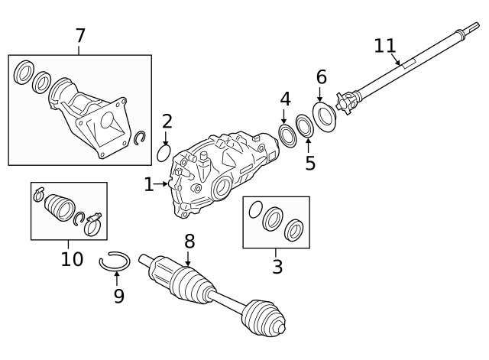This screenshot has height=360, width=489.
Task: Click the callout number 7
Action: tap(80, 35)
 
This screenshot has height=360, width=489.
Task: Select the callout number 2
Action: tap(167, 121)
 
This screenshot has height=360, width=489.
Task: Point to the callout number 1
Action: tap(149, 184)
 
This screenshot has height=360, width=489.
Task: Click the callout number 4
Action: tap(285, 99)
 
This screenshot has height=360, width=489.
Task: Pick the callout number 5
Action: tap(310, 163)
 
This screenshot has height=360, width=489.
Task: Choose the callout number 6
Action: tap(321, 76)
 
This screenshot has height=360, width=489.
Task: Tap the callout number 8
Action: tap(189, 242)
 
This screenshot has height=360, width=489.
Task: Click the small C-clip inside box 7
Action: tap(139, 138)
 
